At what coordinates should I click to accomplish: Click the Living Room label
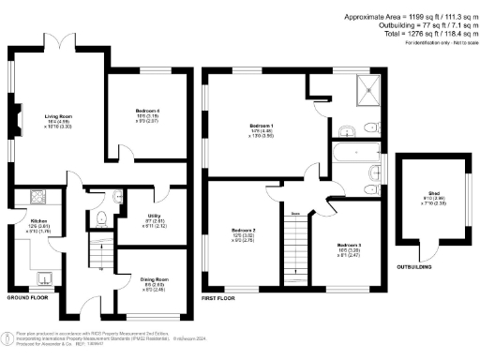click(59, 116)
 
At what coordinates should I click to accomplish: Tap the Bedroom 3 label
click(351, 249)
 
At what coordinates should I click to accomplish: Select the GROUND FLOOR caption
click(28, 296)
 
